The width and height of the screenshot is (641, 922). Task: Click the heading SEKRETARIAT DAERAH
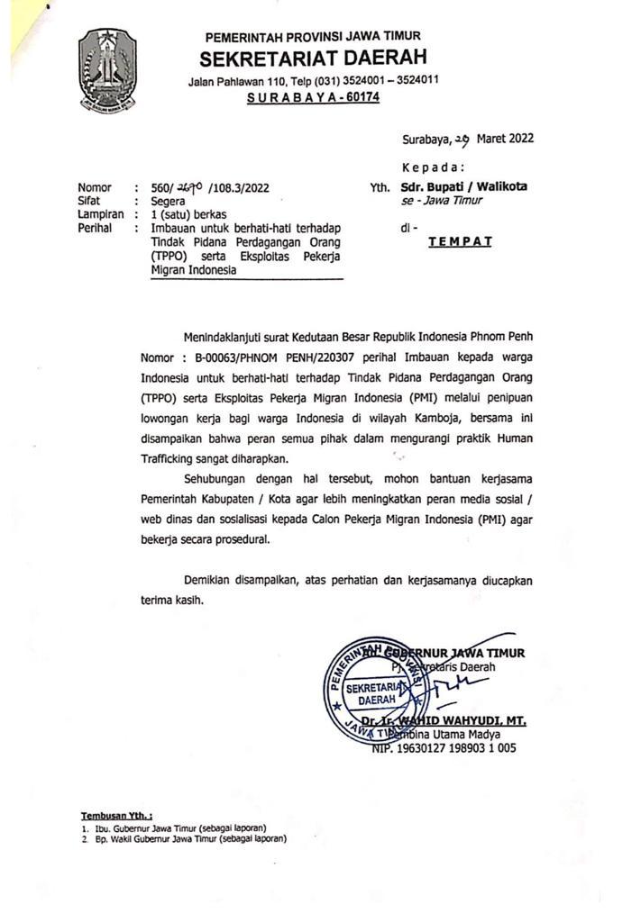click(313, 59)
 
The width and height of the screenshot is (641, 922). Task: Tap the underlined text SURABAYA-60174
click(313, 97)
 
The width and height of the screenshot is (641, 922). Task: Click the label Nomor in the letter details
click(96, 188)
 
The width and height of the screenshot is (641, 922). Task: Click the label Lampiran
click(100, 215)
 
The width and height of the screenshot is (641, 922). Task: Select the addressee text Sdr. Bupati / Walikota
click(464, 187)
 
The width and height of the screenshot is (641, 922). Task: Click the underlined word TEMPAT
click(459, 242)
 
